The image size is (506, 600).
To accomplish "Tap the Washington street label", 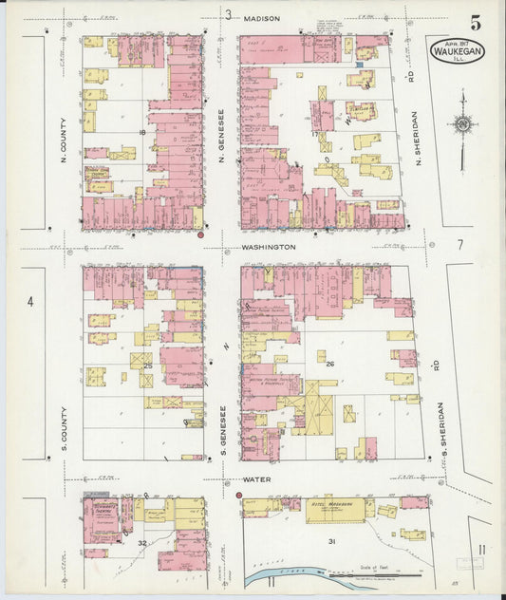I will pos(269,247).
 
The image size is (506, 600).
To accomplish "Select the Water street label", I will pos(257,479).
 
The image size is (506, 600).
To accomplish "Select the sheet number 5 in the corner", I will pos(474,21).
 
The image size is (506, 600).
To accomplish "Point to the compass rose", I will pos(462,123).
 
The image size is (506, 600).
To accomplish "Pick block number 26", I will pos(330,364).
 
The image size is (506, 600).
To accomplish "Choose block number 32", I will pos(142,543).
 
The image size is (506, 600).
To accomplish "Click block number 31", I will pos(332,541).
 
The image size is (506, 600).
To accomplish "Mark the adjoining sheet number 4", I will pos(30,302).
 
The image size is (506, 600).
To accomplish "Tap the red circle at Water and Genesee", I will pos(237,495).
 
